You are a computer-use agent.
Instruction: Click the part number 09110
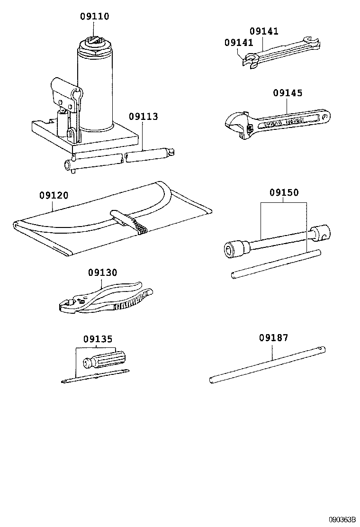coord(95,17)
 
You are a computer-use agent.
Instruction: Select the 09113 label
coord(143,117)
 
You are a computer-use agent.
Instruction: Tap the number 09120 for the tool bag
coord(54,195)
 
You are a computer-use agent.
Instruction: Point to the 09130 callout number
coord(102,273)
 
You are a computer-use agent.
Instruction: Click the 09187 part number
coord(273,338)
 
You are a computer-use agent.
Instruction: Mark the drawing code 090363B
coord(342,519)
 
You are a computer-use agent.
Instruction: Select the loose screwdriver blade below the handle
coord(95,377)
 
